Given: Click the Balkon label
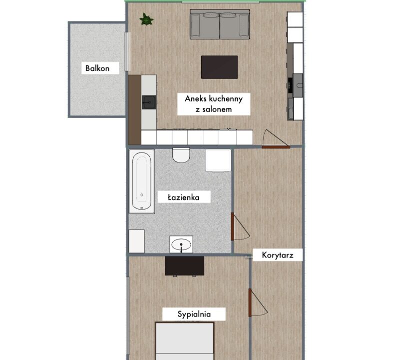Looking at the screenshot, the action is click(97, 68).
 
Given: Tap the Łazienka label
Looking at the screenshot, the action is click(184, 197).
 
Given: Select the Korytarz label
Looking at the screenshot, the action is click(278, 255).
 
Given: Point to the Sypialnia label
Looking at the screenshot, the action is click(194, 314).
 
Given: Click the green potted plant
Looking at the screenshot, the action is click(146, 19).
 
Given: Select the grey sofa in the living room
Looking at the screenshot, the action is click(220, 24).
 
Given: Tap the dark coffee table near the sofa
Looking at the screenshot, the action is click(219, 67).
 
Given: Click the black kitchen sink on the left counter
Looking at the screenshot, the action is click(149, 102).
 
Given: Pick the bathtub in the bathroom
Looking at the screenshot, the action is click(142, 181).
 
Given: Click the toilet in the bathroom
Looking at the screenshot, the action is click(181, 155).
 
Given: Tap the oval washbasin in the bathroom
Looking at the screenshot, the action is click(181, 244).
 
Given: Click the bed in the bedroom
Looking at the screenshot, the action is click(185, 341).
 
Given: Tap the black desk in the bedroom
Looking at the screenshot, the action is click(184, 266).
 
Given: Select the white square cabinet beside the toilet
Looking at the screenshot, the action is click(218, 160).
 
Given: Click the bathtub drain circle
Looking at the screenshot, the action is click(142, 195).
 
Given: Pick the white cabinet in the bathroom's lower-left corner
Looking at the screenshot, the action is click(137, 241).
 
